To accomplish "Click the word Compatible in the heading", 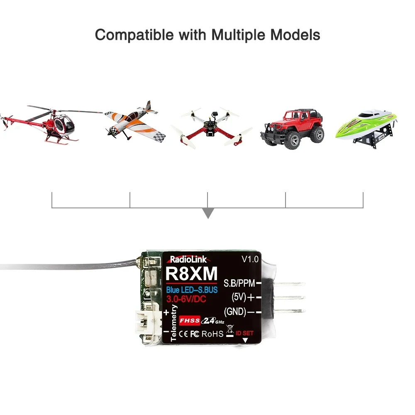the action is click(134, 35).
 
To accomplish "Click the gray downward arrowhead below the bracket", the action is click(208, 213).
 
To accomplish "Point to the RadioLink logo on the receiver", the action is click(188, 259).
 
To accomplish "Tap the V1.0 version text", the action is click(250, 259).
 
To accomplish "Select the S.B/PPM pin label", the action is click(239, 283).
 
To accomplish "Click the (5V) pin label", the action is click(239, 297).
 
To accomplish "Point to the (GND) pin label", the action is click(235, 312).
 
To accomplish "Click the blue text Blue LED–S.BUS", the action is click(192, 290).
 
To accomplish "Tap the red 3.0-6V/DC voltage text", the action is click(186, 299).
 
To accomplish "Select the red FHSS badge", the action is click(190, 321).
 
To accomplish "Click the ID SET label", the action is click(244, 333).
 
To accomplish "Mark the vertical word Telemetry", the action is click(173, 323).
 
